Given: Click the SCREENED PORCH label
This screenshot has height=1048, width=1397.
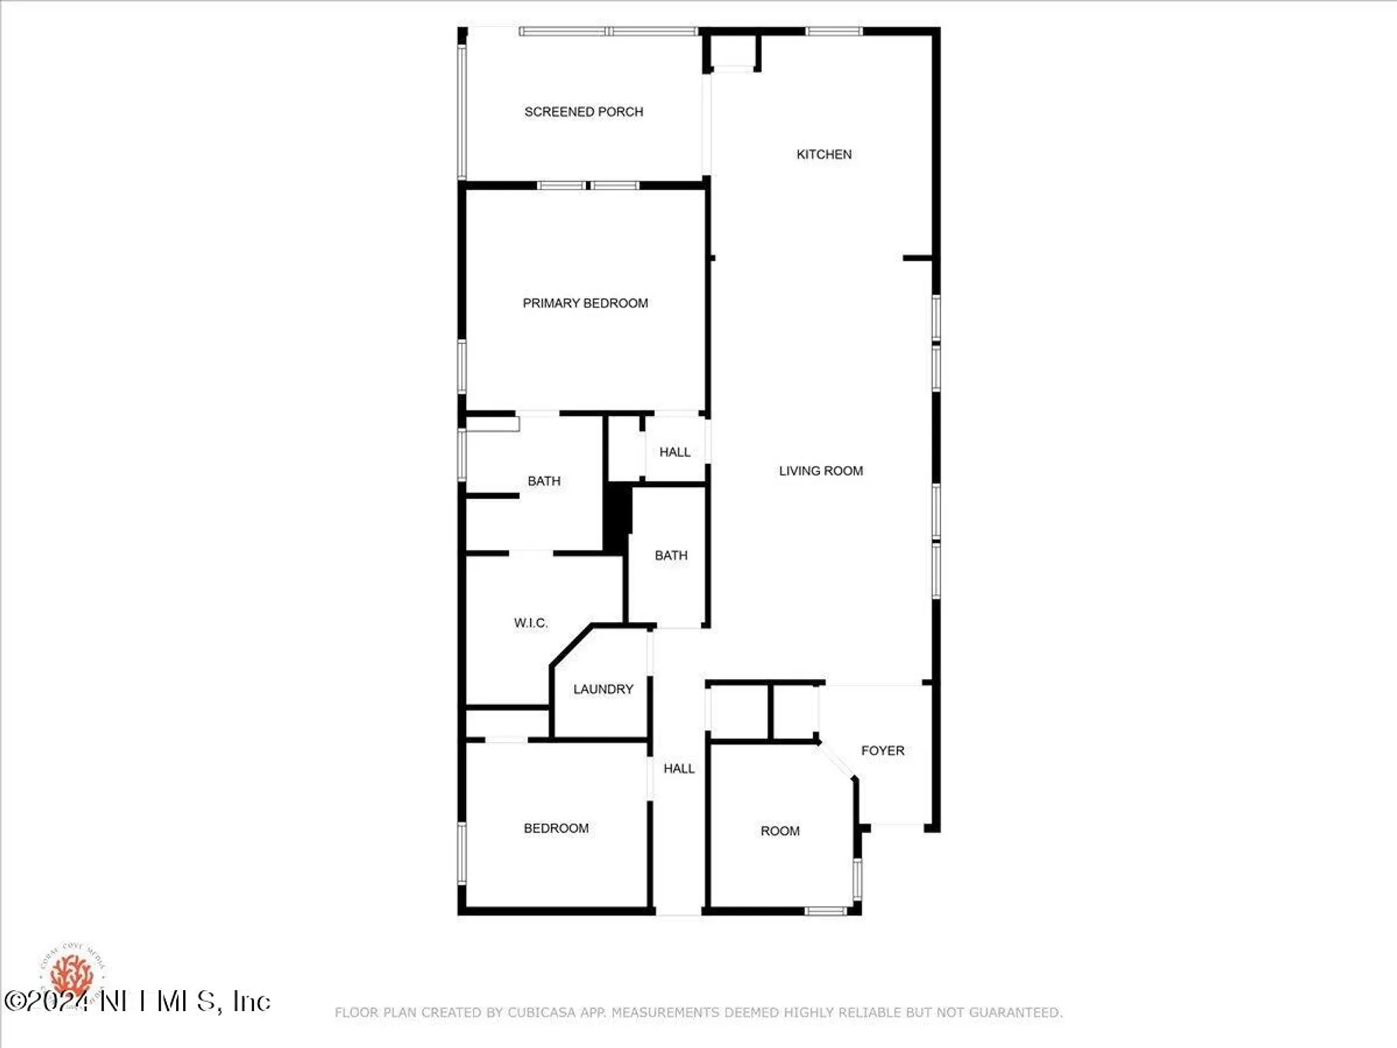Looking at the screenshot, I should coord(583,112).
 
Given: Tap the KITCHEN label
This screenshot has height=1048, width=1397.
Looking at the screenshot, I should coord(824,154).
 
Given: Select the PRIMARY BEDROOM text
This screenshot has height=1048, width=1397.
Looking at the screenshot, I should coord(585,303).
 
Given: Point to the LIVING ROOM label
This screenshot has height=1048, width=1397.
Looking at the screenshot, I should coord(821,471).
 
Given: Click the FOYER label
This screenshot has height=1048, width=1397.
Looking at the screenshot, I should coord(882,750).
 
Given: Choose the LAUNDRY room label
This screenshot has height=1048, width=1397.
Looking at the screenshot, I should coord(603,689).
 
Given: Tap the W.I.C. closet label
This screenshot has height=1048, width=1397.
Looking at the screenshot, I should coord(530,623).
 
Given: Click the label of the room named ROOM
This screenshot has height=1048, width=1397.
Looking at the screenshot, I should coord(780,831).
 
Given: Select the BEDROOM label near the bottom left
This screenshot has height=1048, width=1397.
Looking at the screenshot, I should coord(556,828).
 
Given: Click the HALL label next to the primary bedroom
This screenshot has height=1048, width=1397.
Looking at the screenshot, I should coord(675,452).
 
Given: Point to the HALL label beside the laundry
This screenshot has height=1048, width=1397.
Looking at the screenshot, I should coord(679,769).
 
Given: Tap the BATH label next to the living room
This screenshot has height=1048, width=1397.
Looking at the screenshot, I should coord(671,555).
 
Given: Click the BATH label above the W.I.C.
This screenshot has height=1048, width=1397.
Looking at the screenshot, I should coord(543,481).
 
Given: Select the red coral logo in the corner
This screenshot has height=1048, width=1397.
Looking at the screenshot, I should coord(72,973).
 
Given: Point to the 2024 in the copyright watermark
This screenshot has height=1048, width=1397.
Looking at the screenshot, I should coord(59,1001).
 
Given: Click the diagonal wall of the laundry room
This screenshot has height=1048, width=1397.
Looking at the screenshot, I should coord(571,645).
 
